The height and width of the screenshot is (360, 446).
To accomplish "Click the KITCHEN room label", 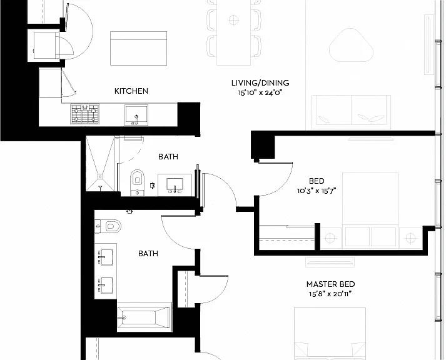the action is coord(131,91).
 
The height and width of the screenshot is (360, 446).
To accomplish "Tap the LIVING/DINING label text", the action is coord(260,83).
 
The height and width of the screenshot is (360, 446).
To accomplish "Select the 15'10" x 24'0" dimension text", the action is coord(260,93).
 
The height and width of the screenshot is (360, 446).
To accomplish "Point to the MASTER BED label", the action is coord(330,284).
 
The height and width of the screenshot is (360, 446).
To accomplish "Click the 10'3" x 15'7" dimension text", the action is coord(317,191).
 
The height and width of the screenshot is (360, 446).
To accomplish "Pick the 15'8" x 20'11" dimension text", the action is coord(330,294).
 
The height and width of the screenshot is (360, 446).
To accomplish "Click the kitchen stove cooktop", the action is coord(85,114).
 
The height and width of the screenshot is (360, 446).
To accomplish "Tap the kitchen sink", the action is coord(136,115).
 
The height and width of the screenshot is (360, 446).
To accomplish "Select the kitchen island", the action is coord(138,48).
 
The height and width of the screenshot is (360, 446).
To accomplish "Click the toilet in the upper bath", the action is coord(137,182).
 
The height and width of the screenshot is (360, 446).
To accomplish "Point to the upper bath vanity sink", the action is coord(175,185).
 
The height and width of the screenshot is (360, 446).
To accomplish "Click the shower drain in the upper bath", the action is coord(100,177).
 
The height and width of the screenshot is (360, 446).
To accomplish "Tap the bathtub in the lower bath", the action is coord(144,317).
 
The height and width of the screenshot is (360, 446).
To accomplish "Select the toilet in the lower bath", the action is coord(108,226).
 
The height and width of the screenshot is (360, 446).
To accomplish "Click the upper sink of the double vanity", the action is coord(105,257).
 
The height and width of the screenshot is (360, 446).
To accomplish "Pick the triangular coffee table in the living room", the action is coord(351,46).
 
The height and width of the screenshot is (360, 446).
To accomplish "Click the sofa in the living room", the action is coord(351,112).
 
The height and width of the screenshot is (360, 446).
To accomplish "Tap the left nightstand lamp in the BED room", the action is coord(330,238).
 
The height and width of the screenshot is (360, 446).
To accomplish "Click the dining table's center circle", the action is coord(233,20).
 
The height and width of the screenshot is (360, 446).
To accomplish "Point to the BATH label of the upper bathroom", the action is coord(168,156).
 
